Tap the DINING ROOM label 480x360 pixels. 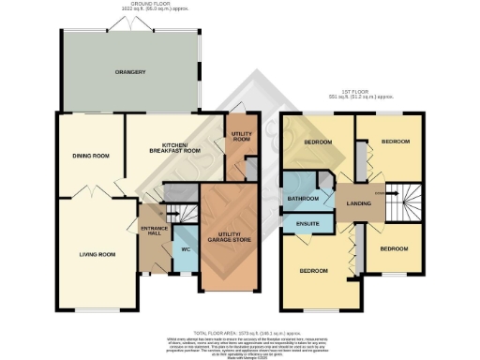[91, 156]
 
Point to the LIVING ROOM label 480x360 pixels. [97, 253]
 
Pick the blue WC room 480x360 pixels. [186, 249]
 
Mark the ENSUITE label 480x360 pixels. [307, 224]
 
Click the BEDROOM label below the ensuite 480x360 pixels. [314, 271]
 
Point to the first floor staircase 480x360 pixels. [399, 204]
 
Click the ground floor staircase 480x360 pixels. [174, 192]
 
